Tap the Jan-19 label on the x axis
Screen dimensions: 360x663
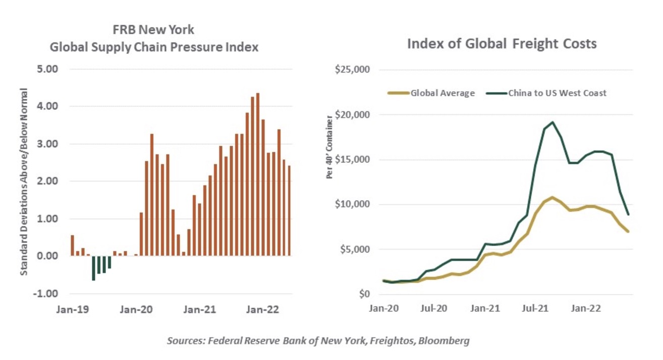(x=76, y=310)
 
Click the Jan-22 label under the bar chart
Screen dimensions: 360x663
(x=259, y=310)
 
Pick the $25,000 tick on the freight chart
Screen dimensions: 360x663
(x=353, y=69)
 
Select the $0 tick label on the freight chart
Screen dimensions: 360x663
(x=362, y=294)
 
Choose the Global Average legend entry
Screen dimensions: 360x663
(x=442, y=93)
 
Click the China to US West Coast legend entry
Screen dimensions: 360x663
(x=557, y=93)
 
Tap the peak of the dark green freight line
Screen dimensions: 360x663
(x=553, y=122)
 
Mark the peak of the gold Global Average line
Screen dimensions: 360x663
(x=553, y=197)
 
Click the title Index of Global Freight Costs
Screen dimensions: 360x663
(x=502, y=44)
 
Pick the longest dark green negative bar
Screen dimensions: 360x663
(x=93, y=268)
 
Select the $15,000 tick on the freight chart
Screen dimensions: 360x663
(x=353, y=159)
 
